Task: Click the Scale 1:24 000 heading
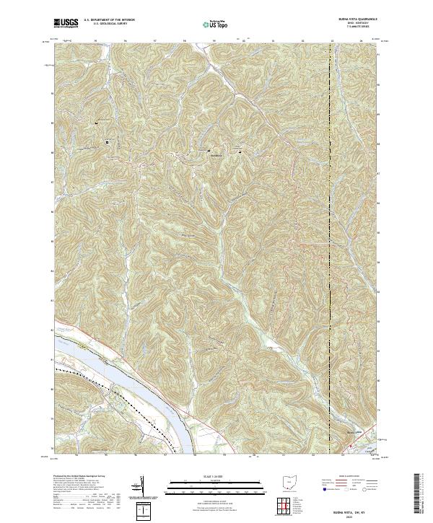point(216,475)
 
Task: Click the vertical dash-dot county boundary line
point(330,216)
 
